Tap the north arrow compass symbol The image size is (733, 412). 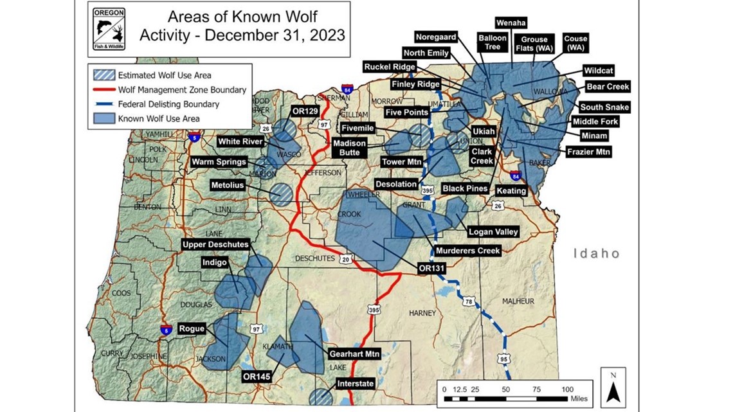pyautogui.click(x=613, y=388)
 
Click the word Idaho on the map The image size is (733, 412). pyautogui.click(x=597, y=254)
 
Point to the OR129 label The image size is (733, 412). pyautogui.click(x=306, y=111)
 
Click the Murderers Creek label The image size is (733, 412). pyautogui.click(x=467, y=251)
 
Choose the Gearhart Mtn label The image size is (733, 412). pyautogui.click(x=354, y=354)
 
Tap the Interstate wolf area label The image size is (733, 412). pyautogui.click(x=355, y=384)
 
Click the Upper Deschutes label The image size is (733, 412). pyautogui.click(x=215, y=245)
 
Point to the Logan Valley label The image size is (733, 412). pyautogui.click(x=493, y=232)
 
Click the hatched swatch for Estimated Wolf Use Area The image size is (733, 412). pyautogui.click(x=104, y=76)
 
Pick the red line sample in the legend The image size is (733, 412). pyautogui.click(x=104, y=90)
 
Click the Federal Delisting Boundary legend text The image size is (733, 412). pyautogui.click(x=168, y=104)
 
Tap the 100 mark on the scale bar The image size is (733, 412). pyautogui.click(x=568, y=390)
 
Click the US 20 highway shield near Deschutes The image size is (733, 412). pyautogui.click(x=346, y=259)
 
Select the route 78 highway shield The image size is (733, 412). pyautogui.click(x=469, y=301)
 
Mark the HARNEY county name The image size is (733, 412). pyautogui.click(x=422, y=313)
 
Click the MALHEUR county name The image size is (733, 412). pyautogui.click(x=518, y=301)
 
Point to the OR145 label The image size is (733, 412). pyautogui.click(x=256, y=376)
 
